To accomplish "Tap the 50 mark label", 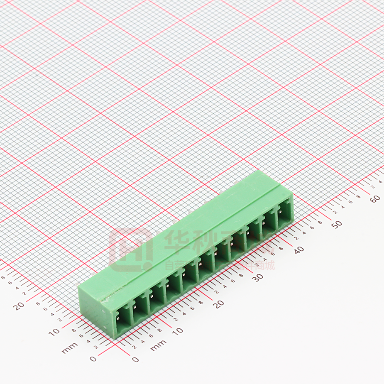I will (x=337, y=224).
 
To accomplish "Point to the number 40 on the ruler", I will (x=298, y=250).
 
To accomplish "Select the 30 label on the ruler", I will (x=259, y=277).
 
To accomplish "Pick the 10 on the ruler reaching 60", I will (x=177, y=331).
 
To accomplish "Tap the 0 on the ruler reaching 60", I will (x=135, y=359).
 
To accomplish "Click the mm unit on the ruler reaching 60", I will (x=158, y=345).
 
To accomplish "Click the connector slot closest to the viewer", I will (x=122, y=320).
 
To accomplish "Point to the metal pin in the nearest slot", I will (x=120, y=318).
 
